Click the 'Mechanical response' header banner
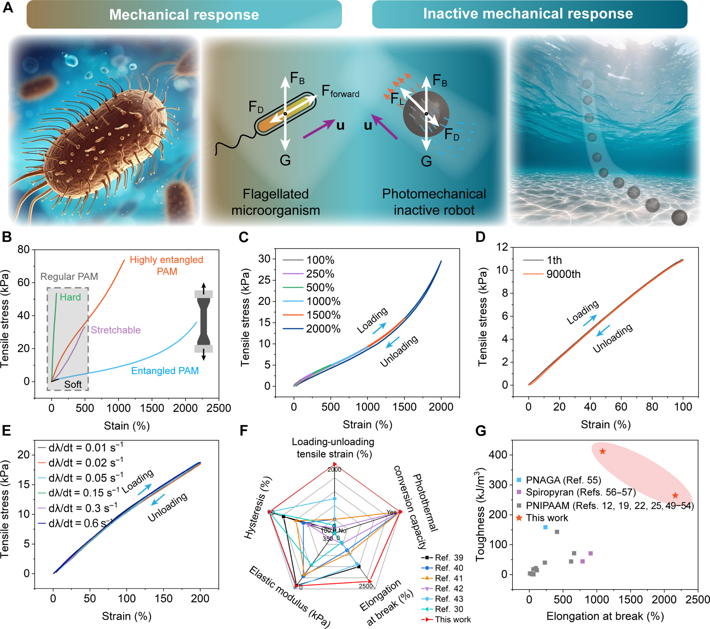click(184, 15)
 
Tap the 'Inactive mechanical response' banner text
click(528, 14)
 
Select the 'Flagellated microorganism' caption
click(275, 202)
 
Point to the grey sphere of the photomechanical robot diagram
click(426, 114)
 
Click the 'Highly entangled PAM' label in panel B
click(166, 265)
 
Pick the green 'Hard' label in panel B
click(70, 297)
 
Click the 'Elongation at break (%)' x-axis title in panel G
click(605, 616)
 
